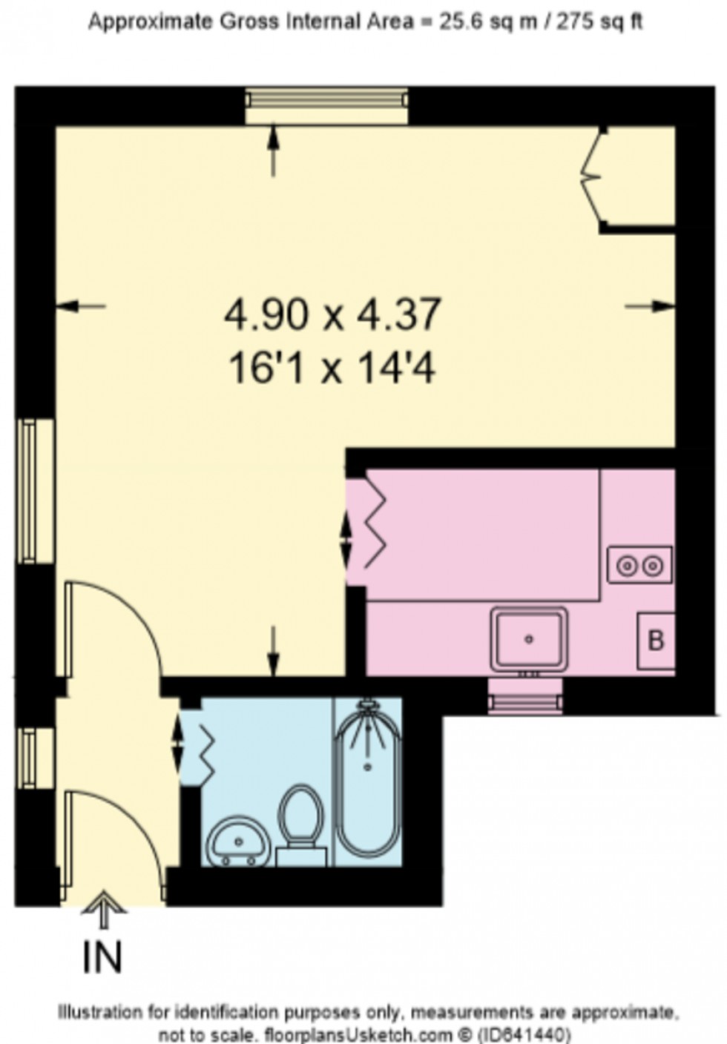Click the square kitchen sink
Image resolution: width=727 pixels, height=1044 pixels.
coord(529,638)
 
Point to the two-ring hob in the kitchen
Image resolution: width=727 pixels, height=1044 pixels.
coord(639,565)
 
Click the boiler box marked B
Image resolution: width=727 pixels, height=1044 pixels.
coord(656,640)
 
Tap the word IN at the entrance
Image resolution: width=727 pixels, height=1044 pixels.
coord(102,957)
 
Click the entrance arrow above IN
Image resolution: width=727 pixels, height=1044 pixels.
coord(103,909)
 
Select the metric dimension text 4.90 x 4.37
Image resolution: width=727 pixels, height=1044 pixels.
coord(333,314)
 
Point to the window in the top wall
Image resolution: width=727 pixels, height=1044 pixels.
coord(326,106)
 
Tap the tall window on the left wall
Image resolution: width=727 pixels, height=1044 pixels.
coord(35,490)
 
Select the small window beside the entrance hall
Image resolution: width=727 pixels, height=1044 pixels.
coord(34,759)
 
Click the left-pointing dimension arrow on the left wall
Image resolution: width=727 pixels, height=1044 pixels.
coord(80,305)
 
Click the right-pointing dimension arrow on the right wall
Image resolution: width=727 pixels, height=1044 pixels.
coord(651,305)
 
